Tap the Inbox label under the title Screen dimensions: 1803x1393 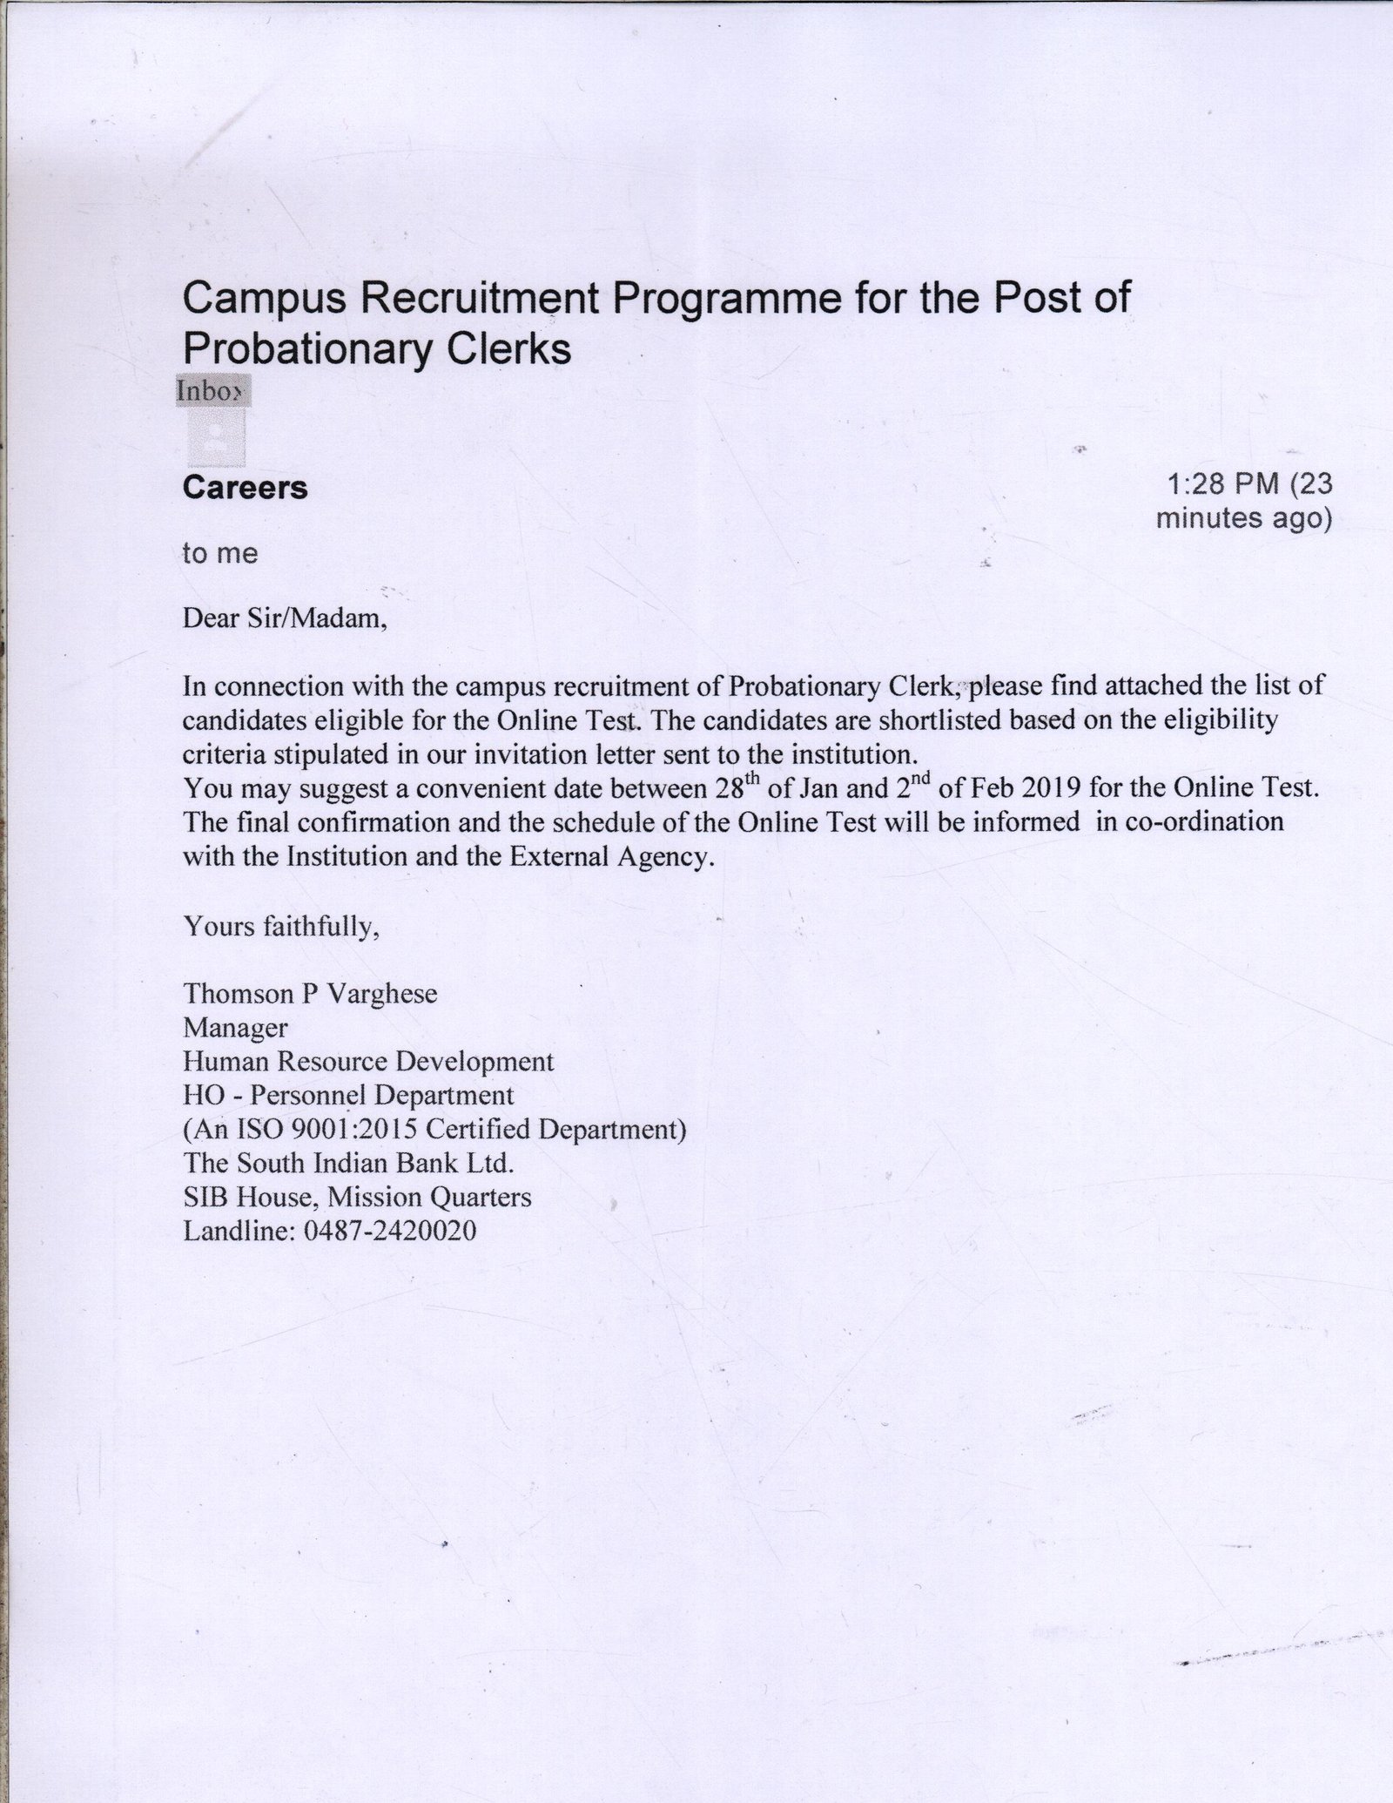pyautogui.click(x=213, y=391)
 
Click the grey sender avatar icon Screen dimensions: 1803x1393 pyautogui.click(x=217, y=438)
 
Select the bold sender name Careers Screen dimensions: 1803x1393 pyautogui.click(x=245, y=488)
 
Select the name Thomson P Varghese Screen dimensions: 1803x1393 pyautogui.click(x=310, y=994)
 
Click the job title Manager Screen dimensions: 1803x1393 pyautogui.click(x=235, y=1028)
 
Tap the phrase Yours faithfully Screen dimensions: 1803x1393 pyautogui.click(x=280, y=927)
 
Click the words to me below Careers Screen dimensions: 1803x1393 pyautogui.click(x=220, y=554)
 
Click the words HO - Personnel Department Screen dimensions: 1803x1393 pyautogui.click(x=348, y=1096)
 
